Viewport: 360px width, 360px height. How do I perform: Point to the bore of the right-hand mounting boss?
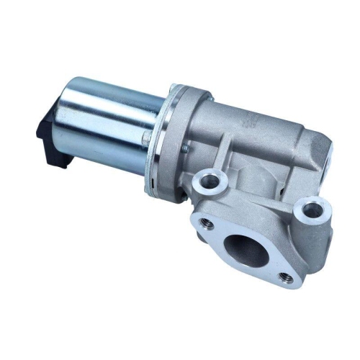coord(311,210)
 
